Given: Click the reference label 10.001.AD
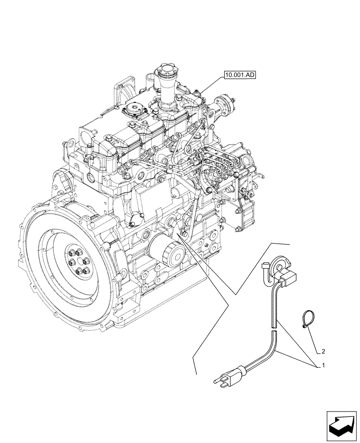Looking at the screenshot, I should coord(239,75).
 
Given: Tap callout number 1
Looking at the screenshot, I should coord(323,366).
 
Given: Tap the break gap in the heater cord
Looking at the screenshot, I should coord(273,328).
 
